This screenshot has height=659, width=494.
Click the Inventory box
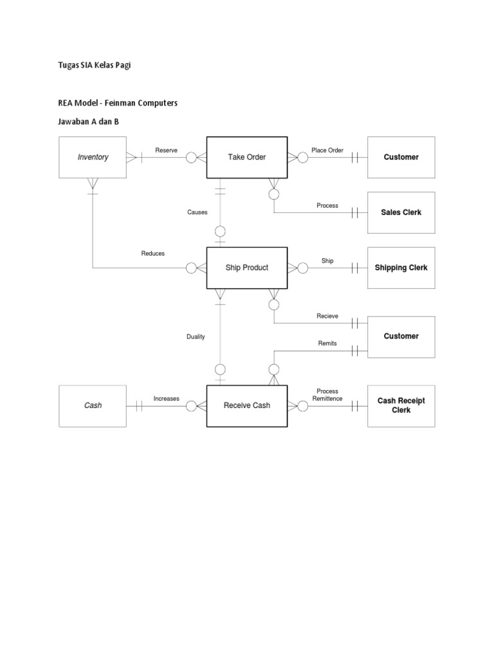click(x=93, y=157)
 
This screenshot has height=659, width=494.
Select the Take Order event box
click(x=246, y=157)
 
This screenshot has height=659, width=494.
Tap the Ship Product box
click(x=246, y=268)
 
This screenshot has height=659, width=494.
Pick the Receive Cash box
click(x=246, y=405)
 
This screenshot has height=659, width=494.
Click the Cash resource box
click(x=93, y=405)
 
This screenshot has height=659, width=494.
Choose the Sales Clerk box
click(x=401, y=212)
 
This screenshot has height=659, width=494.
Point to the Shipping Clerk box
click(x=401, y=268)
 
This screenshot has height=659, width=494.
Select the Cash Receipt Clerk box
click(x=401, y=405)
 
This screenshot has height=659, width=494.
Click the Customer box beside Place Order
click(x=401, y=157)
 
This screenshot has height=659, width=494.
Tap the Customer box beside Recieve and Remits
click(x=401, y=336)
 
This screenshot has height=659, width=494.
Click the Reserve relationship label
click(x=166, y=150)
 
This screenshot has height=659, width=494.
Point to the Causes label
click(x=197, y=212)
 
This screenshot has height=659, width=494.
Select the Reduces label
click(x=153, y=254)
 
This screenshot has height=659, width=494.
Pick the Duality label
click(x=196, y=337)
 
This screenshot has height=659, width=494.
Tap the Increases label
click(x=166, y=399)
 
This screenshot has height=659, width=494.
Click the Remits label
click(x=327, y=344)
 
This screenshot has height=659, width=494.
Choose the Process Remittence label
click(x=327, y=395)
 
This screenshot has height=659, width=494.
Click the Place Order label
click(x=327, y=150)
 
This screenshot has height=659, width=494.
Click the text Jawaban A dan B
click(x=89, y=122)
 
